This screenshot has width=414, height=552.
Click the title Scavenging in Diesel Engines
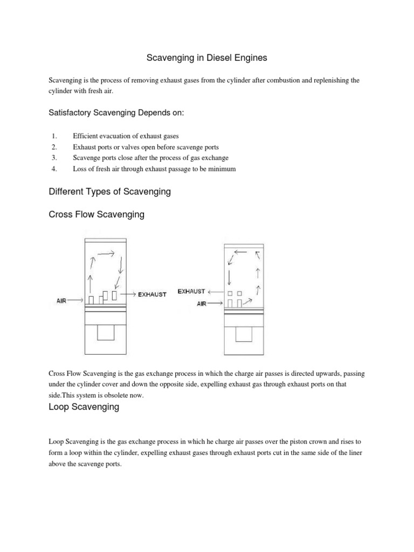(x=208, y=57)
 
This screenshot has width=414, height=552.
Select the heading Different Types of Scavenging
(x=109, y=191)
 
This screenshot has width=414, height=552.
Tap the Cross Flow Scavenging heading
(x=96, y=215)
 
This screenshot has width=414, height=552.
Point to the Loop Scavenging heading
(x=84, y=407)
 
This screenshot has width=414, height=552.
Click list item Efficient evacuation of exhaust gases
(x=126, y=136)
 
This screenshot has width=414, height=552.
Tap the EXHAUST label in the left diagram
(x=153, y=294)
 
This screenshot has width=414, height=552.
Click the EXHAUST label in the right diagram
(x=191, y=291)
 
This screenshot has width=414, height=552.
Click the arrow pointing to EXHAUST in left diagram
(x=128, y=294)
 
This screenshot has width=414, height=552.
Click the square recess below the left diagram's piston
(x=106, y=334)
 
